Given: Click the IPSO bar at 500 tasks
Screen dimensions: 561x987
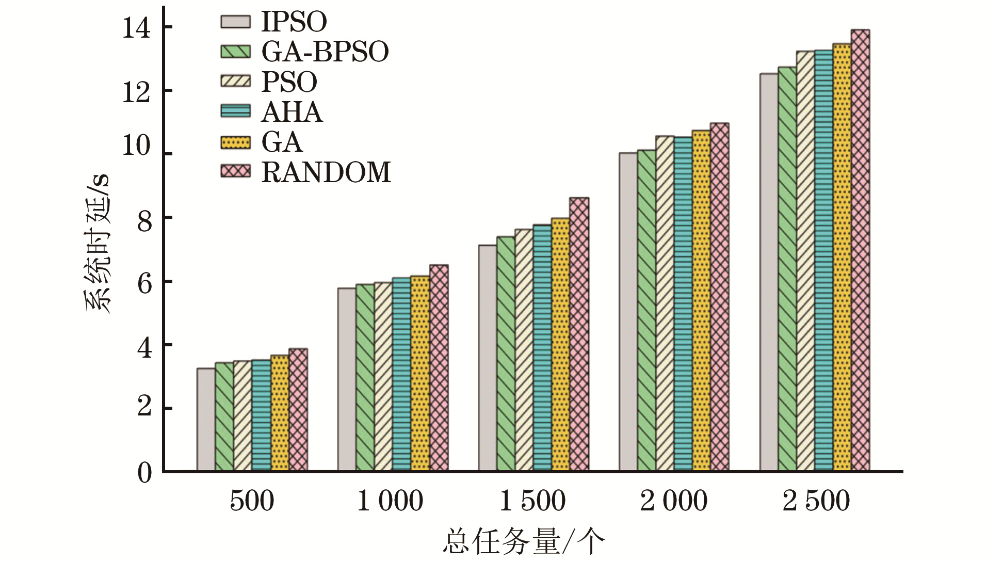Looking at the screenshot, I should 206,419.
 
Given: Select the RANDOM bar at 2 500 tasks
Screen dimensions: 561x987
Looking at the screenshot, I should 860,250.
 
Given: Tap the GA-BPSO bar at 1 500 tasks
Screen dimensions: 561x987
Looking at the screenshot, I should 506,354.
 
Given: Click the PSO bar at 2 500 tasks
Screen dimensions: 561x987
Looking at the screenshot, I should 805,261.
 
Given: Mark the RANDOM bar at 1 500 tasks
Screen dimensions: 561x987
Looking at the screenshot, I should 579,334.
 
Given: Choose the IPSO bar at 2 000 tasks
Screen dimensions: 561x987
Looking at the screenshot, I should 628,312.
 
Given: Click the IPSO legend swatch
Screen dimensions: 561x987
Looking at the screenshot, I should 235,22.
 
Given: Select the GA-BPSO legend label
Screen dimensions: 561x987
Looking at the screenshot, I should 325,52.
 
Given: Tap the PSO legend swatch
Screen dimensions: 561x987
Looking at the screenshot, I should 235,82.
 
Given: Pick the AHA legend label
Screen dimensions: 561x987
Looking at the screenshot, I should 292,112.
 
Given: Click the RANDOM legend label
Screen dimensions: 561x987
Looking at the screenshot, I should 326,172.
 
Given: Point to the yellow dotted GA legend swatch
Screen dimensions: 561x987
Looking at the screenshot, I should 235,142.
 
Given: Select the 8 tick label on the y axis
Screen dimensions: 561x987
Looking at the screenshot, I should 144,222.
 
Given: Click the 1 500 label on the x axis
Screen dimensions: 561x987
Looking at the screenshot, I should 532,501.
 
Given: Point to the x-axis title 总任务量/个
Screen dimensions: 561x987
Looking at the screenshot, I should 523,542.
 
